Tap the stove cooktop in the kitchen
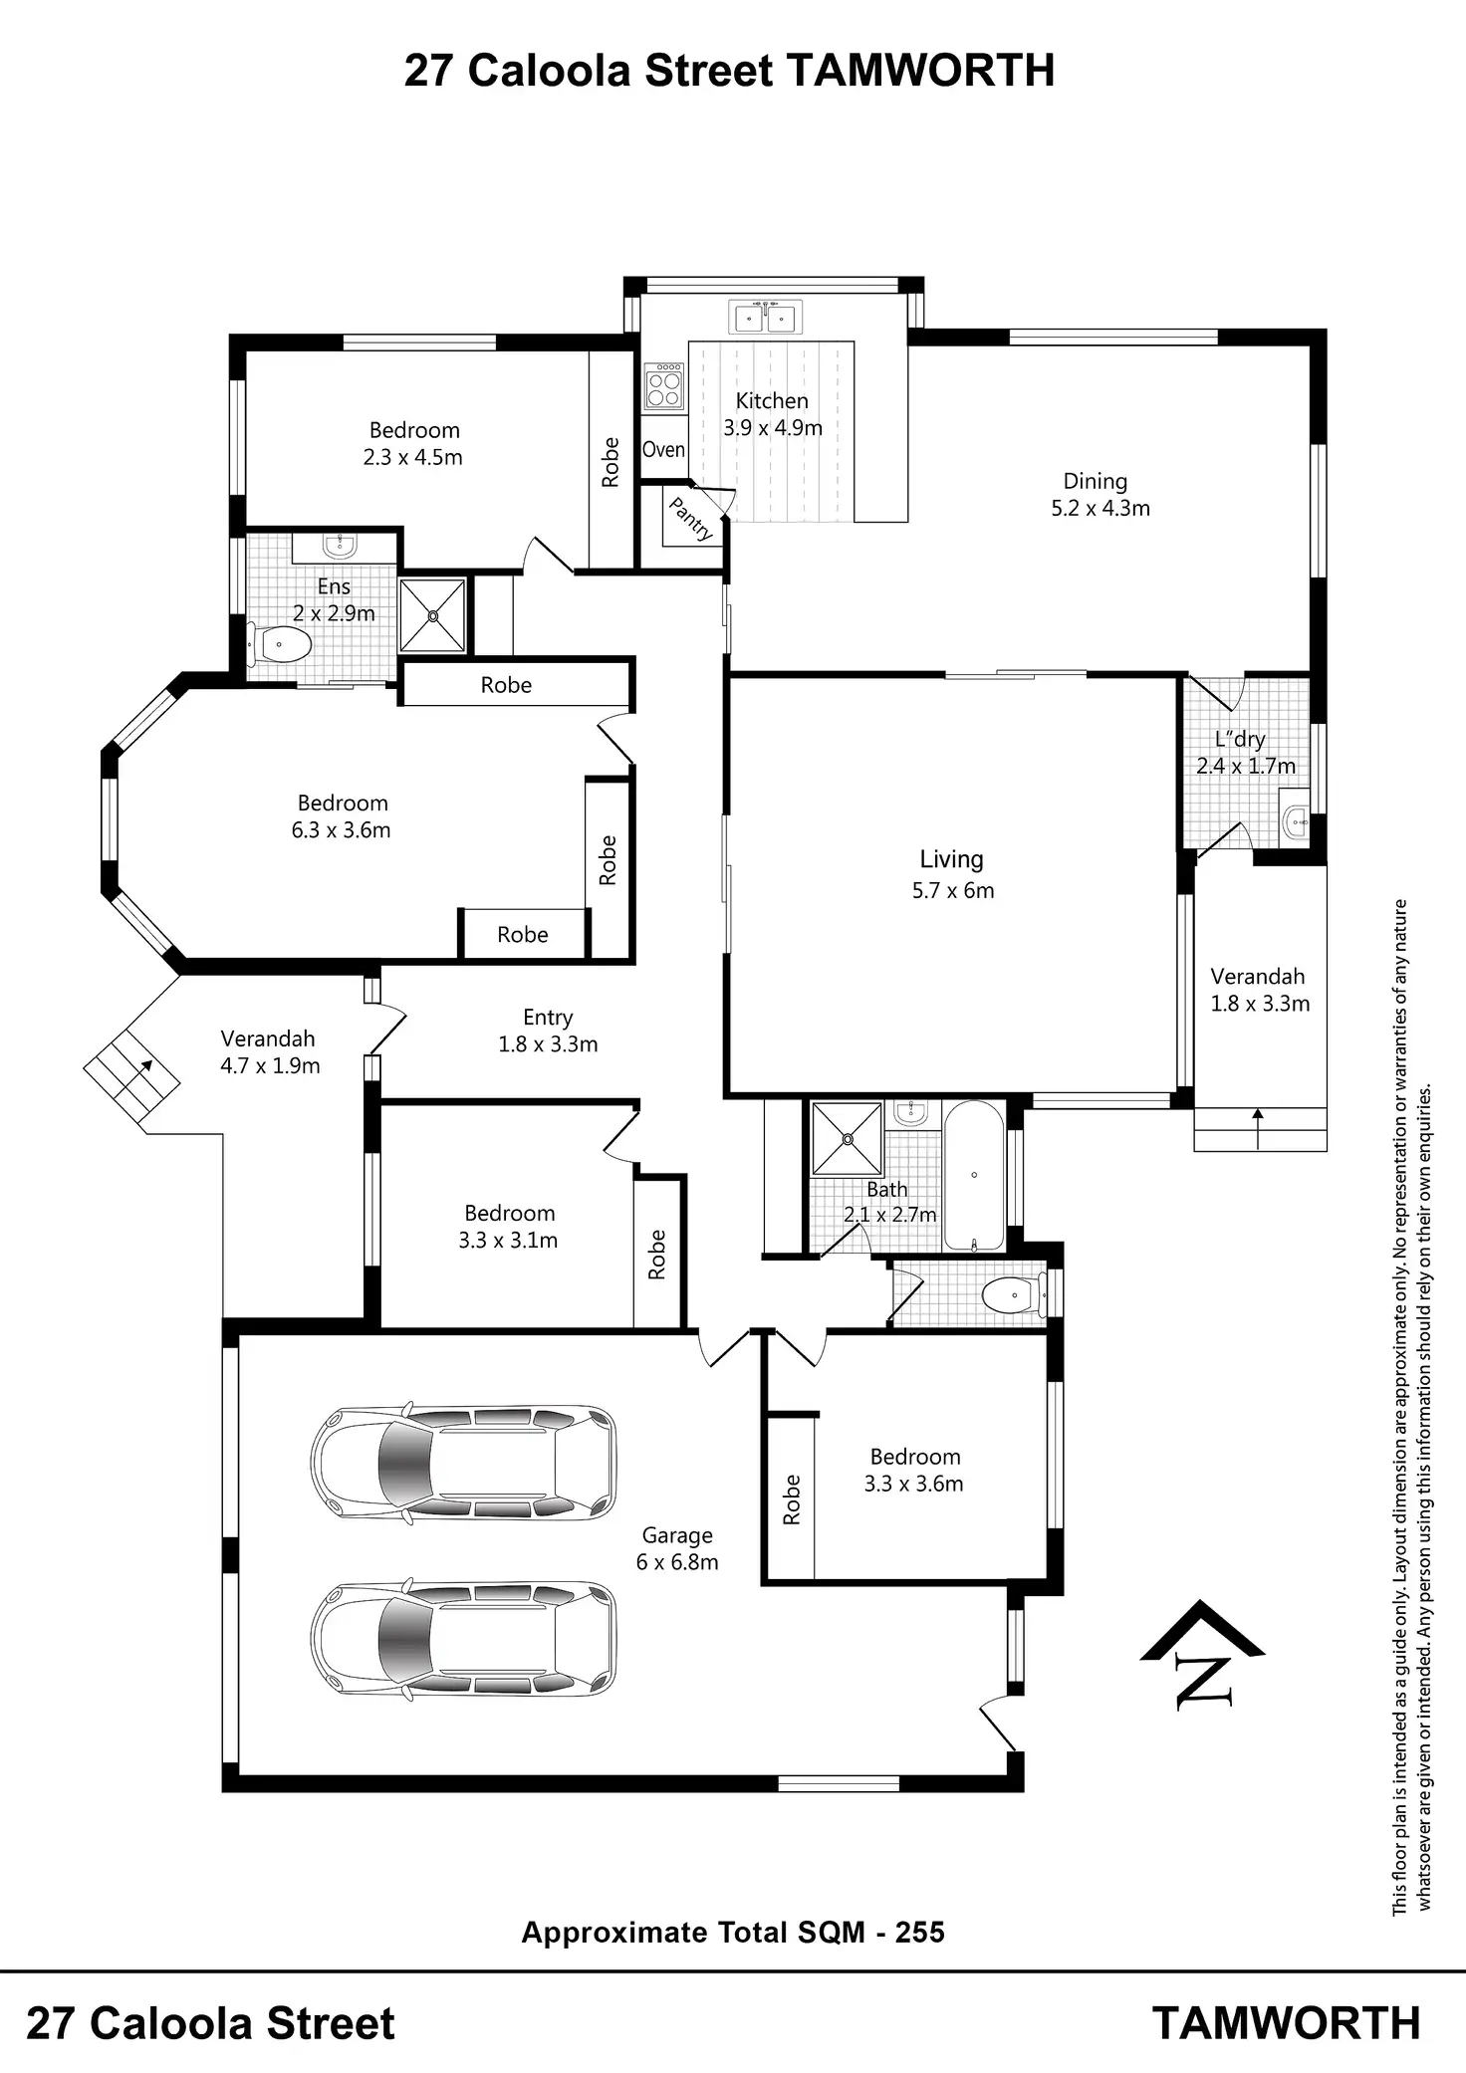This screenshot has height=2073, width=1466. click(x=664, y=387)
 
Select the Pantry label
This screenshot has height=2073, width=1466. click(x=691, y=520)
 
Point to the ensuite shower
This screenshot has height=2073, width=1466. click(x=433, y=616)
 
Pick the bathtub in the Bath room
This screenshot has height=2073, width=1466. click(x=973, y=1176)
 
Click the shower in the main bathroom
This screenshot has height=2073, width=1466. click(x=847, y=1138)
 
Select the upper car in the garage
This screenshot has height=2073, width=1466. click(x=463, y=1464)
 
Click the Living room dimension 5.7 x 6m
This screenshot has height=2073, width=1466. click(x=953, y=891)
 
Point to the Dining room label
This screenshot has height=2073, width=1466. click(x=1096, y=482)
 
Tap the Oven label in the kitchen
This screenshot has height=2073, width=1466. click(x=663, y=450)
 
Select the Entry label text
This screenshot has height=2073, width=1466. click(x=548, y=1018)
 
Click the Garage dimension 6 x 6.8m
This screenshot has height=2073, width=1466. click(x=677, y=1562)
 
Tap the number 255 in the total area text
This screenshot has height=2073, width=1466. click(x=920, y=1933)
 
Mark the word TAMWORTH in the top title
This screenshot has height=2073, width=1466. click(x=920, y=72)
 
